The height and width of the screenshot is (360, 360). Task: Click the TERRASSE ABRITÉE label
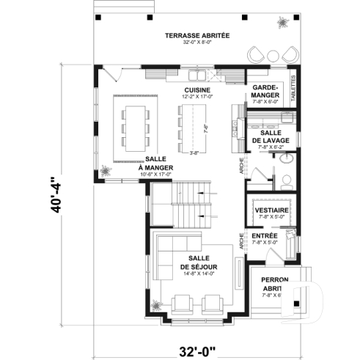tap(196, 35)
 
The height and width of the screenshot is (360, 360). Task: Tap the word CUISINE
tap(196, 89)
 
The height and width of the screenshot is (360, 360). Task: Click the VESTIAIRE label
tap(271, 210)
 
